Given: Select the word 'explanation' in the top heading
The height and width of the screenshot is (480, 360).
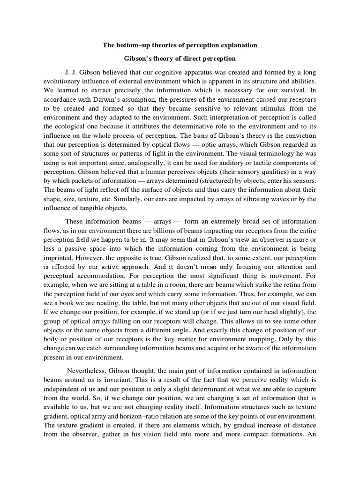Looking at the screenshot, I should click(x=236, y=45).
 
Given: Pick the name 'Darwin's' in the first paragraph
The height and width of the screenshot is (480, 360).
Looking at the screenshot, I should click(x=122, y=100).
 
